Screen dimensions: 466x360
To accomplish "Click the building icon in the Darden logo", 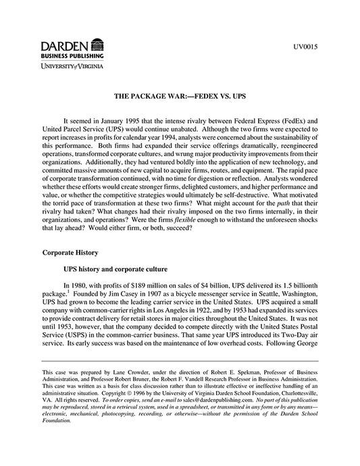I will [x=96, y=45].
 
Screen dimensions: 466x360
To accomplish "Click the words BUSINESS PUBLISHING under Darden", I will [x=70, y=57].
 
